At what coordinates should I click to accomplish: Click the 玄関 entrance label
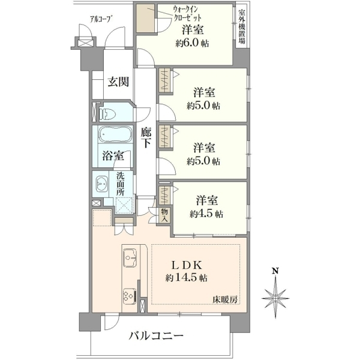pyautogui.click(x=118, y=82)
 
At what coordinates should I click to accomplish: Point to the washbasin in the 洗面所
pyautogui.click(x=101, y=184)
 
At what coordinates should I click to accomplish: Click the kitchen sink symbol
pyautogui.click(x=130, y=257)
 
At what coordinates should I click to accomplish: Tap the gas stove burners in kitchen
pyautogui.click(x=128, y=296)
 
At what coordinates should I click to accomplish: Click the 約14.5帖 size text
pyautogui.click(x=187, y=278)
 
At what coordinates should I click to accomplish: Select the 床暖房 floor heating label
pyautogui.click(x=225, y=299)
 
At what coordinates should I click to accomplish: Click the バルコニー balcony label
pyautogui.click(x=156, y=336)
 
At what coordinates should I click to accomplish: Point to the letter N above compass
pyautogui.click(x=275, y=271)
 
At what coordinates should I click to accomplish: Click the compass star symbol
pyautogui.click(x=275, y=298)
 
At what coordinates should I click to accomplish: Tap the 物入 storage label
pyautogui.click(x=164, y=215)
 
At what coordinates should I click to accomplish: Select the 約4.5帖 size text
pyautogui.click(x=206, y=214)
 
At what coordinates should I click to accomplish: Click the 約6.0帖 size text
pyautogui.click(x=192, y=43)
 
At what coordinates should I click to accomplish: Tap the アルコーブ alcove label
pyautogui.click(x=99, y=19)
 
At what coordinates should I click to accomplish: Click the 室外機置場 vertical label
pyautogui.click(x=242, y=26)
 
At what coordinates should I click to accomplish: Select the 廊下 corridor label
pyautogui.click(x=146, y=137)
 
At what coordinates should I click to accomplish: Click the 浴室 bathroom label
pyautogui.click(x=113, y=156)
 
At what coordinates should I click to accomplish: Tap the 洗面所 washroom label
pyautogui.click(x=120, y=184)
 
